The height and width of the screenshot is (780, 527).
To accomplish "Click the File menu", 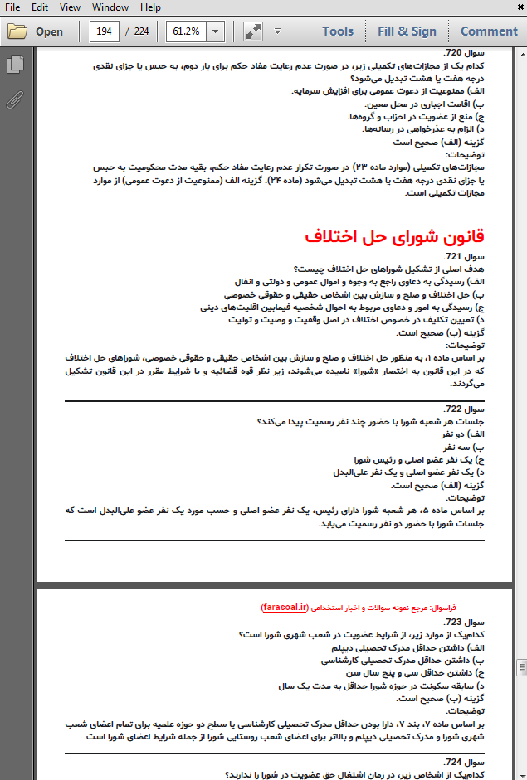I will click(12, 7).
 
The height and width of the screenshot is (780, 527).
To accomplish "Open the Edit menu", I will click(40, 7).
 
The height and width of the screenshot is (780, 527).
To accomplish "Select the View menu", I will click(71, 7).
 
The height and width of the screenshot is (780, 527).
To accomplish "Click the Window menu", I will click(110, 7).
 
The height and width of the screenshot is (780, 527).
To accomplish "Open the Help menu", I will click(150, 7).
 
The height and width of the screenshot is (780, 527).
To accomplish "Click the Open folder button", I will click(37, 31).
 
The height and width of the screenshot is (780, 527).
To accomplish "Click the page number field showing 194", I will click(104, 31).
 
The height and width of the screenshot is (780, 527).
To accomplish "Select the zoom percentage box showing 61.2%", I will click(186, 31).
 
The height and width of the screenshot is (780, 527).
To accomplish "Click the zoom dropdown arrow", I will click(216, 31).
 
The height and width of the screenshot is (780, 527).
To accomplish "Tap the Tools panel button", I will click(338, 31).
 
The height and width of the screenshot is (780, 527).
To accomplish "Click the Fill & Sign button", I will click(407, 31).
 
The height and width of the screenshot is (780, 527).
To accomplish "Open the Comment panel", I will click(489, 31).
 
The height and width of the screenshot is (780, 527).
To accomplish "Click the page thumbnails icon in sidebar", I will click(14, 65).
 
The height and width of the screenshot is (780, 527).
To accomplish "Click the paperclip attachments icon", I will click(14, 99).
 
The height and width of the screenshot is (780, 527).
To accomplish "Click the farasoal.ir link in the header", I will click(284, 607).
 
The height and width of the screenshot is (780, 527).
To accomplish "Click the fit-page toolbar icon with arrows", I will click(253, 31).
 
